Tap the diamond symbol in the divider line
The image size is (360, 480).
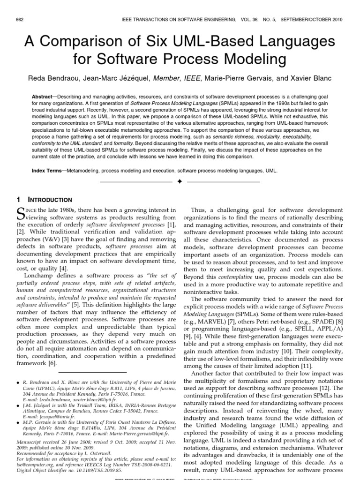click(x=180, y=181)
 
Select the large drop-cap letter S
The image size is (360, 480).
click(x=21, y=213)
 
